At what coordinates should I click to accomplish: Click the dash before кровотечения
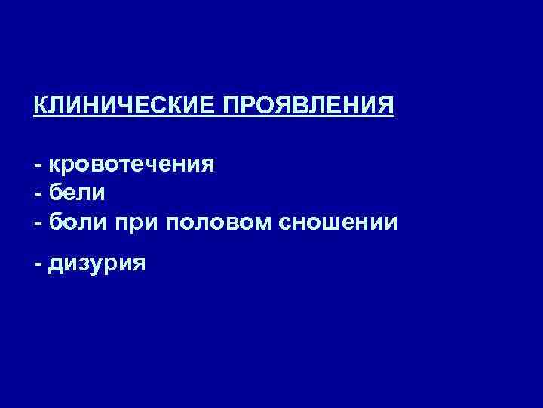tap(37, 165)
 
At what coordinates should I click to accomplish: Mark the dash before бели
tap(37, 194)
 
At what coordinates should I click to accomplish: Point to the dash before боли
tap(37, 223)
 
